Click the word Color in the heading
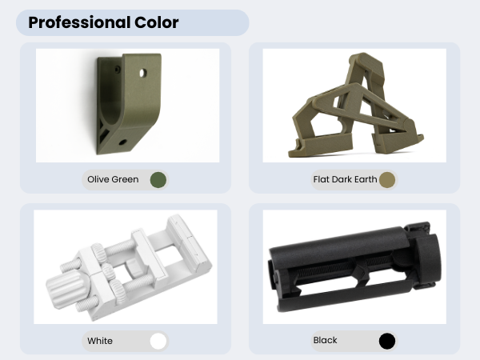point(157,22)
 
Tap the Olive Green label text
point(113,179)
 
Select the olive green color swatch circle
point(158,180)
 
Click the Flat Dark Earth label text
point(345,179)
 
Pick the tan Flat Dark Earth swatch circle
point(387,180)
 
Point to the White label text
point(100,341)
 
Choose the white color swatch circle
point(158,341)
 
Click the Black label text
point(325,340)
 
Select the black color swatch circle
point(387,341)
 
